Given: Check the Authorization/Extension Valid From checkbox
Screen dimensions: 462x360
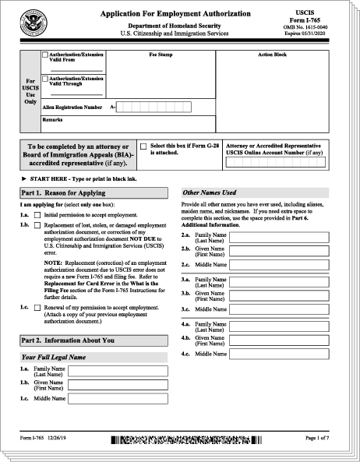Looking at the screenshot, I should pyautogui.click(x=45, y=55).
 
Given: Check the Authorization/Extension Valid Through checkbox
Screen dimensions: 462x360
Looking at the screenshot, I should pyautogui.click(x=45, y=79).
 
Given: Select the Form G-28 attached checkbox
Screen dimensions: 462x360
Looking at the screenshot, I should pyautogui.click(x=143, y=146).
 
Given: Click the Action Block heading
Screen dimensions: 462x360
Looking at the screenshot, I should pyautogui.click(x=272, y=55).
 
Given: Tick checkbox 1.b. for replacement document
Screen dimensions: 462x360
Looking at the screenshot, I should pyautogui.click(x=37, y=225).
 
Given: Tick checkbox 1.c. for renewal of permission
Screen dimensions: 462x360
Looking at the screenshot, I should pyautogui.click(x=37, y=308).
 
